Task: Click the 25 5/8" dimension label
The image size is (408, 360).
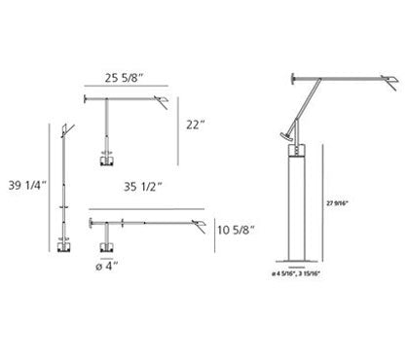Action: click(x=124, y=78)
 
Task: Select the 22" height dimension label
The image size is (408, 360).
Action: click(x=196, y=125)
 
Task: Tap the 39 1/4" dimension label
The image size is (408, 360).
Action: click(x=27, y=185)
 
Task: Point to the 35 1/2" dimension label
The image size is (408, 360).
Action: click(x=143, y=187)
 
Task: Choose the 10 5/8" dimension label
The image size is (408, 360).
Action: click(x=236, y=230)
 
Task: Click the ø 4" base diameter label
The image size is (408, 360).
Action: click(x=106, y=267)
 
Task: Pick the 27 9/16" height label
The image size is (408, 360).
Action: click(x=337, y=203)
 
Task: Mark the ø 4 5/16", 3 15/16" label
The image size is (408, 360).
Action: click(x=296, y=273)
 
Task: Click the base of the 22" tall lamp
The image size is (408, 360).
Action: click(x=106, y=161)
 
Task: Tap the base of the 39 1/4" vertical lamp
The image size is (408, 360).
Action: click(x=64, y=246)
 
